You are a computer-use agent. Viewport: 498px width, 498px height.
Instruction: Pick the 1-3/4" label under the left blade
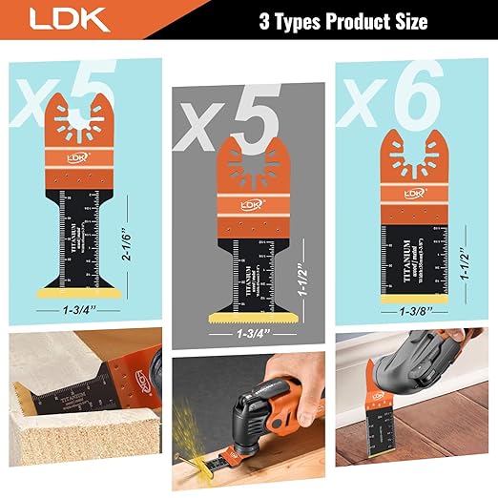80,308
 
